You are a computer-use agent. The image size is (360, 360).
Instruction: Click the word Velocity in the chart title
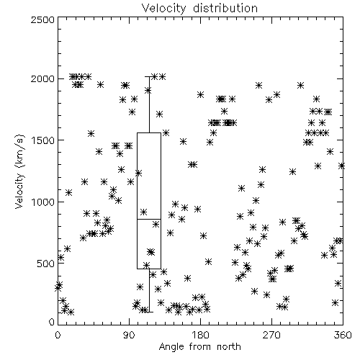[x=163, y=9]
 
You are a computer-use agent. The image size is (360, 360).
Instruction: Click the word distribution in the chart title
[x=225, y=8]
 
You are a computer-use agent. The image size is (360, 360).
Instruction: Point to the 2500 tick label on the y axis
[x=42, y=19]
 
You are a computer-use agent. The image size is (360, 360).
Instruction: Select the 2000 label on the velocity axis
[x=42, y=78]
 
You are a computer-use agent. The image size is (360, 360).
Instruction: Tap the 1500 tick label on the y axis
[x=43, y=140]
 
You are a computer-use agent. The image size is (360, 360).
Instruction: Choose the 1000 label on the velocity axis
[x=43, y=202]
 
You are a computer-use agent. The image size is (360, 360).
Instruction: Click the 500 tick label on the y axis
[x=46, y=264]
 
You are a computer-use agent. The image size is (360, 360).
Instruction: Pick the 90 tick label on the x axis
[x=129, y=335]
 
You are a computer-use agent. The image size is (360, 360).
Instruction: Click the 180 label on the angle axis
[x=200, y=335]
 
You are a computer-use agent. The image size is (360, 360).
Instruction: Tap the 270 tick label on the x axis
[x=271, y=335]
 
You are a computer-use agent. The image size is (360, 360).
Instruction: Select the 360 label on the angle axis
[x=343, y=335]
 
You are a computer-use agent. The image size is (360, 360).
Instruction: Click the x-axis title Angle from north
[x=200, y=347]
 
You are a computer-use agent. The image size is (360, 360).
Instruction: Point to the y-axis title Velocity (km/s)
[x=19, y=171]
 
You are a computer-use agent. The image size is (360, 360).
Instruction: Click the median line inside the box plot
[x=149, y=219]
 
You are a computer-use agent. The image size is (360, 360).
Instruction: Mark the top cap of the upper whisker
[x=149, y=76]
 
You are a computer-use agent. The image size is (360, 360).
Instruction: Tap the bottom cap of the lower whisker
[x=149, y=312]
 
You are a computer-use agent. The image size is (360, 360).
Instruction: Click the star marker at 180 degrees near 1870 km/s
[x=200, y=94]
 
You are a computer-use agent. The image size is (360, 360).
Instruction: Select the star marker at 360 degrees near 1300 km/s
[x=341, y=166]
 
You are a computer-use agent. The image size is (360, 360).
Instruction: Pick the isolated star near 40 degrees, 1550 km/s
[x=91, y=133]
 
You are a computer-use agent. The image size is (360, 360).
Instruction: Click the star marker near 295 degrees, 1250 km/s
[x=292, y=171]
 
